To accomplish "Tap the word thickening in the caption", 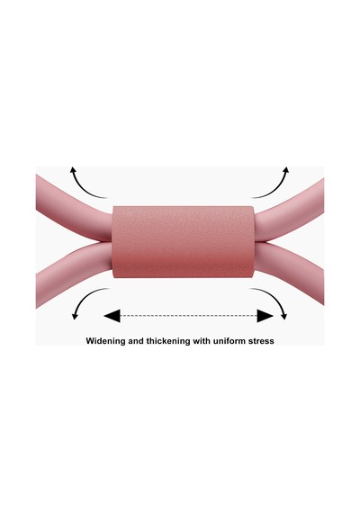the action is (168, 341).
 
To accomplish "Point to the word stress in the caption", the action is (262, 341).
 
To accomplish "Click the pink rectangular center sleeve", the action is (183, 242).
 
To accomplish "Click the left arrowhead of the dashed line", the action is (112, 316).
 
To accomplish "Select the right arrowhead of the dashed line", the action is (265, 316).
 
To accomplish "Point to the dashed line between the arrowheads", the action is (189, 316).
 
